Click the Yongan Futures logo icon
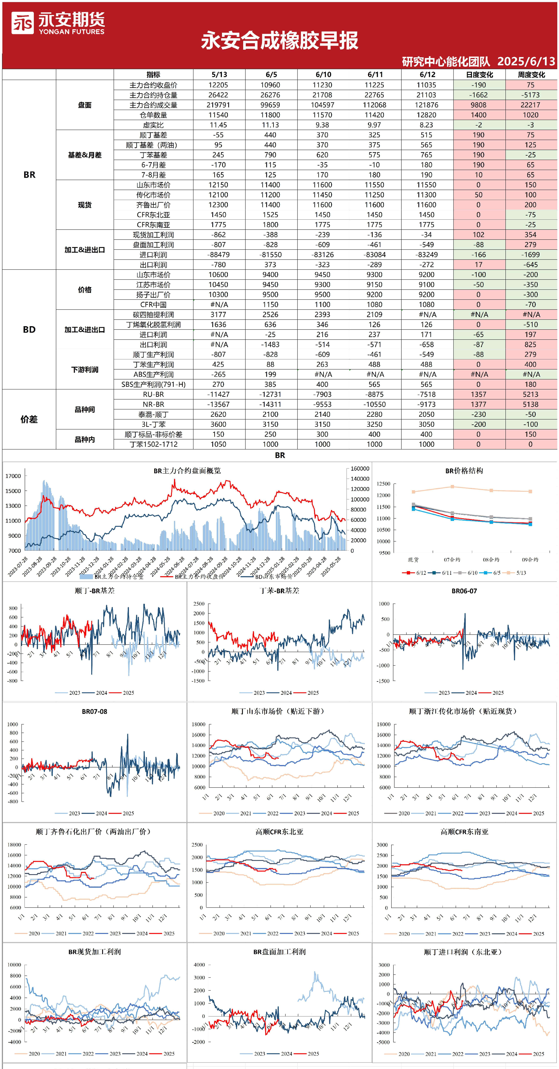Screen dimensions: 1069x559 tap(22, 23)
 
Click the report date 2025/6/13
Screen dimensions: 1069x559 tap(526, 61)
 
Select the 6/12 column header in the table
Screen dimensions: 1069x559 tap(427, 75)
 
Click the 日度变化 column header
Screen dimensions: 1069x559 tap(479, 75)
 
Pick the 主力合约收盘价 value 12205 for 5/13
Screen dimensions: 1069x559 tap(218, 85)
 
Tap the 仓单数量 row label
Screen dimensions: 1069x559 tap(153, 115)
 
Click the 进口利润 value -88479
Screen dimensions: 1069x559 tap(218, 255)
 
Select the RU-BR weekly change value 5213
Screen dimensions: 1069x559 tap(530, 394)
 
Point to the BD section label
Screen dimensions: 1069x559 tap(29, 329)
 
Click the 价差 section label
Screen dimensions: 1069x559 tap(29, 419)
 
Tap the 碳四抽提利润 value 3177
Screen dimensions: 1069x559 tap(218, 315)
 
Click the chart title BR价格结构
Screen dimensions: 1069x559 tap(464, 471)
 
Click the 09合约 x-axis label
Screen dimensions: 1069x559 tap(530, 560)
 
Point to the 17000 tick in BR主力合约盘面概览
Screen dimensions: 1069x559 tap(13, 476)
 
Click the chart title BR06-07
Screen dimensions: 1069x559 tap(464, 591)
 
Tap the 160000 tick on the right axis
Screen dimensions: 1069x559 tap(360, 468)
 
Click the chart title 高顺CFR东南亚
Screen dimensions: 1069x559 tap(464, 832)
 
